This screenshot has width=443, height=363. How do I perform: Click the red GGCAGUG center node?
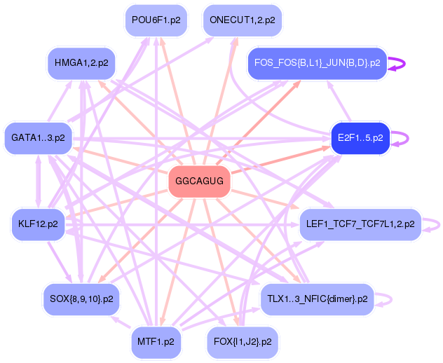point(200,181)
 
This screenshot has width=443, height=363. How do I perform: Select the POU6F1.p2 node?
point(156,21)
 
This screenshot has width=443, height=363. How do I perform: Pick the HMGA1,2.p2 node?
point(81,63)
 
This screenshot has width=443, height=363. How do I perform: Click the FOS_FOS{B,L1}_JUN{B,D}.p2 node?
point(317,63)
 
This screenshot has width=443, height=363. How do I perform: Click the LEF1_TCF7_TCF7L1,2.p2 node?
point(360,225)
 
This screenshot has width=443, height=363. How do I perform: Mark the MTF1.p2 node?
point(156,343)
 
